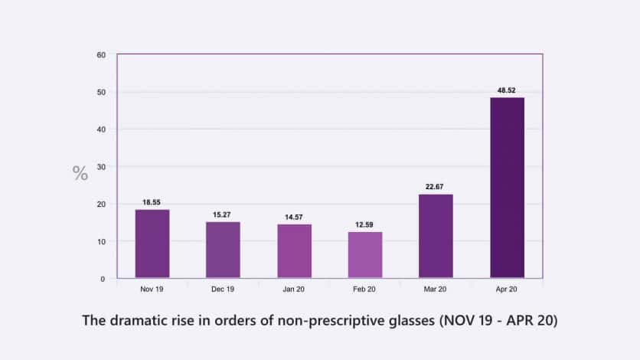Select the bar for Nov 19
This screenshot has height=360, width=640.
click(x=152, y=244)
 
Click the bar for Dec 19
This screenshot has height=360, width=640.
click(x=223, y=250)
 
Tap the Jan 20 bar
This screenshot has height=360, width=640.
click(x=294, y=251)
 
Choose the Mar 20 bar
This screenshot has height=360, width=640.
click(x=436, y=236)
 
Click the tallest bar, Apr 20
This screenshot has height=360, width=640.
click(x=507, y=188)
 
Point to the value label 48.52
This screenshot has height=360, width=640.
click(x=507, y=90)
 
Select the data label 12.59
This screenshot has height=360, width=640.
click(x=365, y=224)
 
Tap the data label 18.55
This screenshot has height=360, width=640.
click(x=152, y=202)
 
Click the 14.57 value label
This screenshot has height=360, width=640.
click(x=294, y=217)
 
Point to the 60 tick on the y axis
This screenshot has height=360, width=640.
click(x=101, y=55)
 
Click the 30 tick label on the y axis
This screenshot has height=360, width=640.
click(x=101, y=167)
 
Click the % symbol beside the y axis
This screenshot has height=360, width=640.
click(x=80, y=174)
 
